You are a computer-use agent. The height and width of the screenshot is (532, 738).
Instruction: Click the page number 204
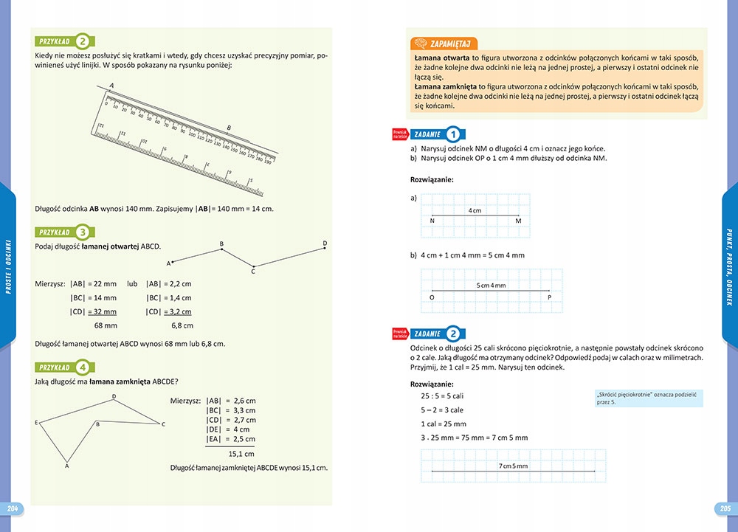click(x=12, y=508)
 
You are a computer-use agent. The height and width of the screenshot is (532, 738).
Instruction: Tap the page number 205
click(x=725, y=508)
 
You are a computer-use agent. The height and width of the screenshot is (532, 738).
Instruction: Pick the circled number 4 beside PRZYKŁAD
click(x=84, y=367)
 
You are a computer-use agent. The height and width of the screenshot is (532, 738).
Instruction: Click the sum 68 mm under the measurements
click(x=106, y=325)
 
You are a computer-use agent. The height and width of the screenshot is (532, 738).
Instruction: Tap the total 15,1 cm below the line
click(x=241, y=454)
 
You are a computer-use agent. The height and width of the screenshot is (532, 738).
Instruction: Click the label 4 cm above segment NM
click(x=475, y=211)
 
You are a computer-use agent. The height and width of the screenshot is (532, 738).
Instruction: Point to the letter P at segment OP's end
click(x=550, y=297)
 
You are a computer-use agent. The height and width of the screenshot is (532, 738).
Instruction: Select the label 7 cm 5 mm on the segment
click(x=513, y=466)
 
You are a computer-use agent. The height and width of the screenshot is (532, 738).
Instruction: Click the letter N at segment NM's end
click(x=432, y=221)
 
